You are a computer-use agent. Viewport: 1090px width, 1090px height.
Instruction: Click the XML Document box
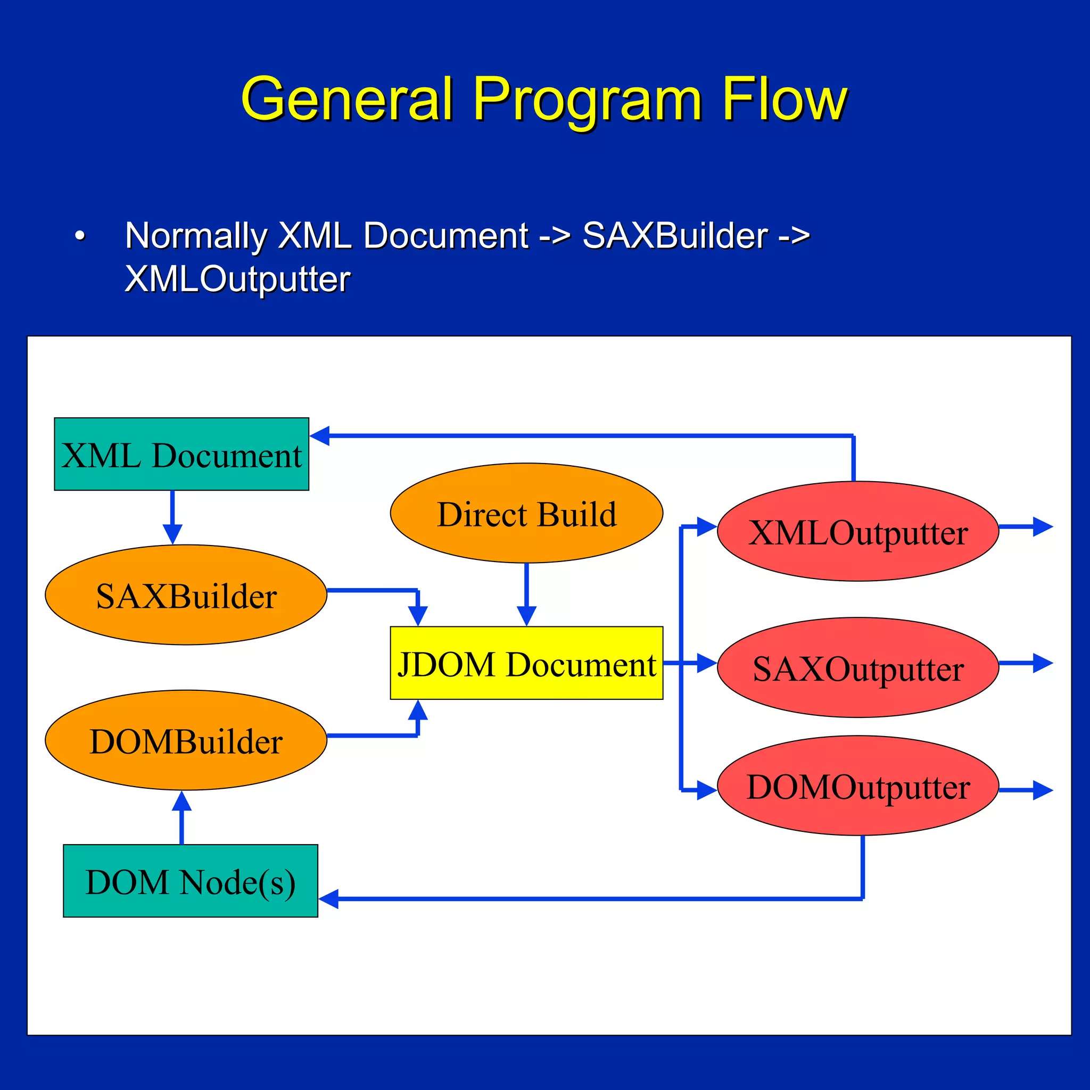coord(181,454)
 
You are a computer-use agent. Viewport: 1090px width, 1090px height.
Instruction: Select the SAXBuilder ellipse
coord(186,594)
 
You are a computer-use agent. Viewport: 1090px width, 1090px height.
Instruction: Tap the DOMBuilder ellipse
coord(186,740)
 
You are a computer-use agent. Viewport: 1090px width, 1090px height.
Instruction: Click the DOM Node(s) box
coord(190,881)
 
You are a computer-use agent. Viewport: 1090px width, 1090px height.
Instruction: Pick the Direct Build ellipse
coord(526,513)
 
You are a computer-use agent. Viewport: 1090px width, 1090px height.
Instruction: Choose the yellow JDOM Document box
coord(526,663)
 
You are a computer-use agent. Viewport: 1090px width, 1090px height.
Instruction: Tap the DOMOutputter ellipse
coord(857,786)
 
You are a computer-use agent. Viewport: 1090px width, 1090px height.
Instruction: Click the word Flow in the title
coord(784,100)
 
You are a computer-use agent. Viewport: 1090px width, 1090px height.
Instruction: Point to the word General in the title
coord(347,100)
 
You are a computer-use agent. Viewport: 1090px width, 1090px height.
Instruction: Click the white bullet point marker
coord(80,236)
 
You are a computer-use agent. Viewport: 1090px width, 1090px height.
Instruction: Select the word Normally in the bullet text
coord(196,236)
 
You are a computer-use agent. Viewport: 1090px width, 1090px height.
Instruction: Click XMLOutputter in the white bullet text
coord(237,279)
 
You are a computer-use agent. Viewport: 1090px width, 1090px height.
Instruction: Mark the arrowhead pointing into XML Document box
coord(320,435)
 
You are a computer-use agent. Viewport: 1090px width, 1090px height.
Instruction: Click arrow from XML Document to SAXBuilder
coord(172,517)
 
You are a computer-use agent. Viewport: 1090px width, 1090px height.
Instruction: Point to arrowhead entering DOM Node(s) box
coord(328,899)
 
